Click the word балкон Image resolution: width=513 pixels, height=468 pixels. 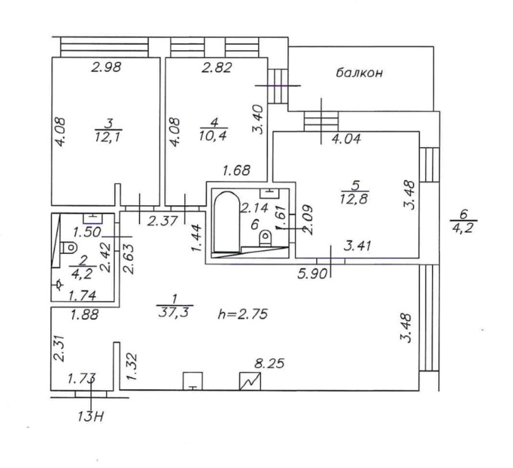click(360, 74)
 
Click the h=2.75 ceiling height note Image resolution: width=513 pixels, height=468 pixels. click(244, 314)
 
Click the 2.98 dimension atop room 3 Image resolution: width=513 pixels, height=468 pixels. click(107, 67)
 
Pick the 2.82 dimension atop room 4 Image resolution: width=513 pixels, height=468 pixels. click(216, 68)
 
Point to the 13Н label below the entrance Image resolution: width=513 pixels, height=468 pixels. click(92, 416)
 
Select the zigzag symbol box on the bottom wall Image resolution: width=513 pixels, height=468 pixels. click(250, 381)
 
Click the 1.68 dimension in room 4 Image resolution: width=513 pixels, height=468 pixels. click(237, 171)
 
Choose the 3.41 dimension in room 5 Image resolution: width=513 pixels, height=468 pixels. click(358, 247)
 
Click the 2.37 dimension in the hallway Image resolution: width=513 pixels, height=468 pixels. click(161, 220)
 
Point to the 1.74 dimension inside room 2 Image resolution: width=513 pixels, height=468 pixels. click(82, 296)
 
